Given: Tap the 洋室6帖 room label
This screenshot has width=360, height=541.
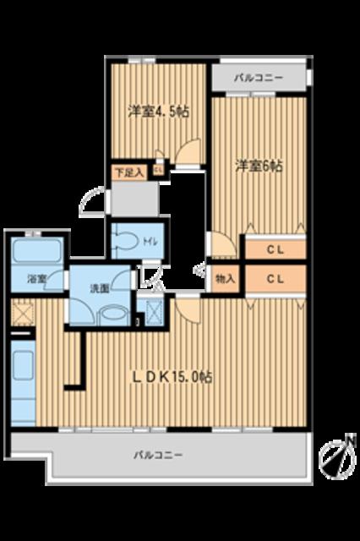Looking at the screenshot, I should point(259,166).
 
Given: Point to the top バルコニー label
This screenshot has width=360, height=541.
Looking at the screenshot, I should point(259,78).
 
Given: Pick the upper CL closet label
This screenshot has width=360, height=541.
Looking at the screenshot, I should point(275,249).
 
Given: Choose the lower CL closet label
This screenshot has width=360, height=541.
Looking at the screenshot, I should point(275,278).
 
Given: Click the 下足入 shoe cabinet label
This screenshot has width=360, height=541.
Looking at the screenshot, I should point(128,172).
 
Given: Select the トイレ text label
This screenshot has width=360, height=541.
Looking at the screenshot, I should point(149,241).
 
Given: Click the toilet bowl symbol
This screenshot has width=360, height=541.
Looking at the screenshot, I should point(125,239).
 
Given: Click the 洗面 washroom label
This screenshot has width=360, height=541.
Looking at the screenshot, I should point(99,287).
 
